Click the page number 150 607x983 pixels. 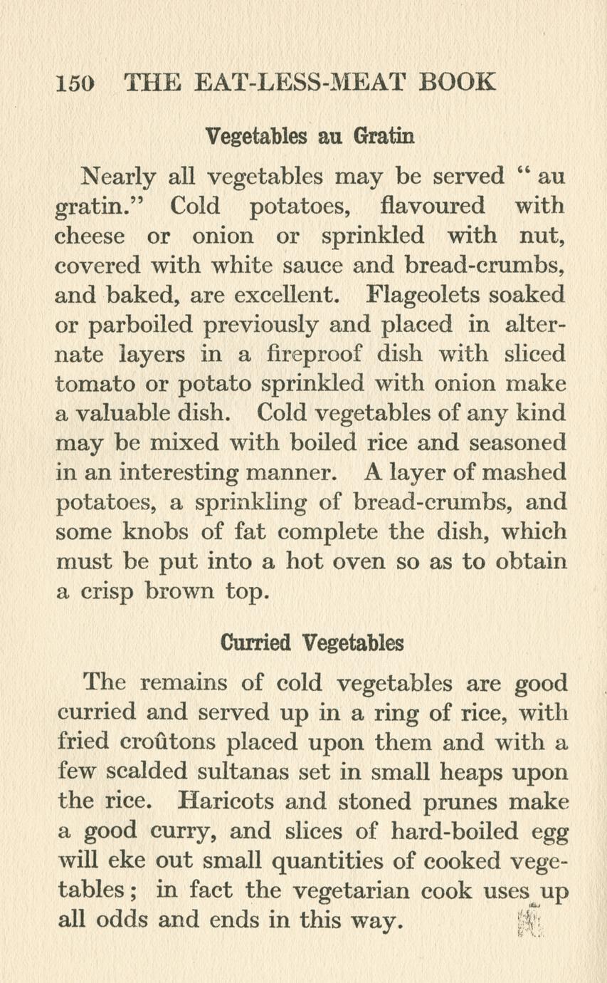pos(74,83)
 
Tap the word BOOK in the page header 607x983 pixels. pos(457,82)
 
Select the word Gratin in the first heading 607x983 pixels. pos(384,136)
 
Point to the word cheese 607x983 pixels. pos(90,236)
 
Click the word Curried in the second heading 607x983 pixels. pos(255,643)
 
